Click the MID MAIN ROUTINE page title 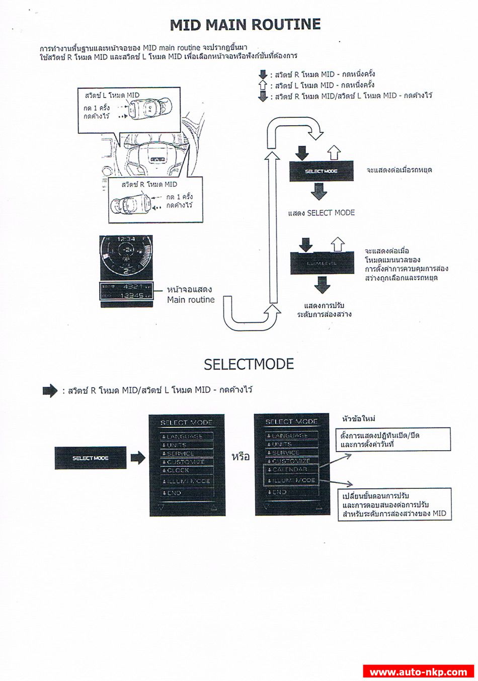pyautogui.click(x=245, y=25)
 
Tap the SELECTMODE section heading pyautogui.click(x=249, y=364)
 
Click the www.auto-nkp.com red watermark pyautogui.click(x=418, y=672)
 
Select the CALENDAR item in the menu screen pyautogui.click(x=292, y=470)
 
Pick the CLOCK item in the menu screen pyautogui.click(x=179, y=471)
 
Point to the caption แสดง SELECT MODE pyautogui.click(x=321, y=213)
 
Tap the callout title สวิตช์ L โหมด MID pyautogui.click(x=112, y=95)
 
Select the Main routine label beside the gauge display pyautogui.click(x=190, y=295)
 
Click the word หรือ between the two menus pyautogui.click(x=241, y=457)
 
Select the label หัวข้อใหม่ pyautogui.click(x=359, y=418)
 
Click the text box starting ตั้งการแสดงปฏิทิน pyautogui.click(x=393, y=440)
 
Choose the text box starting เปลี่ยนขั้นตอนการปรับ pyautogui.click(x=394, y=504)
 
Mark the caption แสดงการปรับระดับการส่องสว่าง pyautogui.click(x=328, y=310)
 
